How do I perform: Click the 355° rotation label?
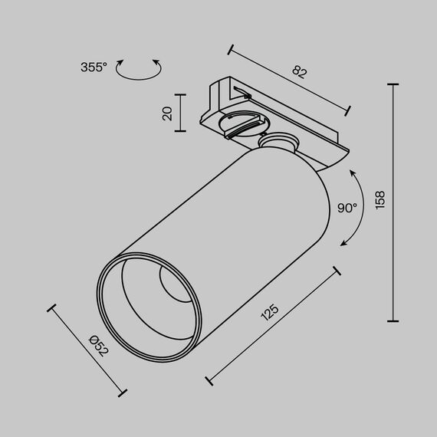click(94, 67)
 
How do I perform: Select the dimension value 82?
click(299, 73)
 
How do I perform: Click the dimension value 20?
click(167, 113)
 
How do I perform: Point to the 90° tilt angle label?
click(347, 208)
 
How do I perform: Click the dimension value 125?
click(268, 313)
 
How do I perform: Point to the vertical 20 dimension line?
click(181, 113)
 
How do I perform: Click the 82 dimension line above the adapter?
click(290, 80)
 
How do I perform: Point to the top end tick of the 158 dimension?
click(394, 84)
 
